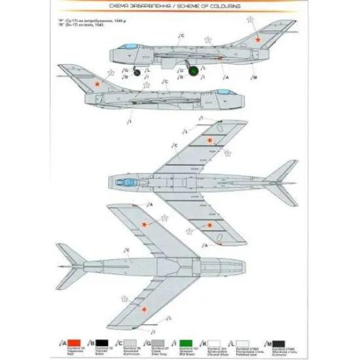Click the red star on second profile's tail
tap(98, 83)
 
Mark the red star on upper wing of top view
tap(209, 139)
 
